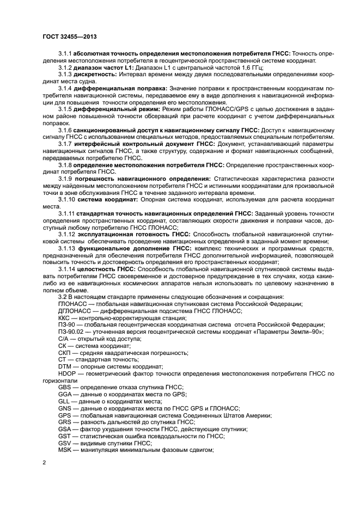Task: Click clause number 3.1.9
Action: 65,179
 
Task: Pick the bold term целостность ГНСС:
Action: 106,269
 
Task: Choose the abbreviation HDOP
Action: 67,374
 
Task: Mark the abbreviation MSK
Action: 65,450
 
